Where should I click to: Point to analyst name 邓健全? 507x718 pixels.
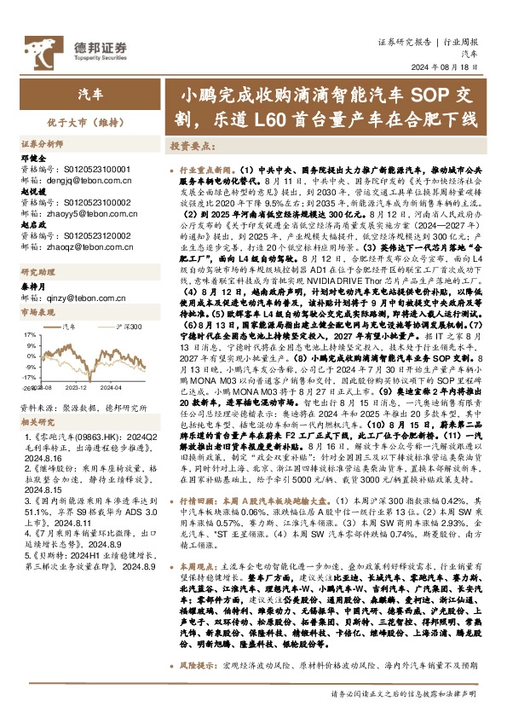click(32, 158)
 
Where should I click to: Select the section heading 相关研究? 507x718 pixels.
click(37, 421)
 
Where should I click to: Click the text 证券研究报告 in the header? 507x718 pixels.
click(404, 42)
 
